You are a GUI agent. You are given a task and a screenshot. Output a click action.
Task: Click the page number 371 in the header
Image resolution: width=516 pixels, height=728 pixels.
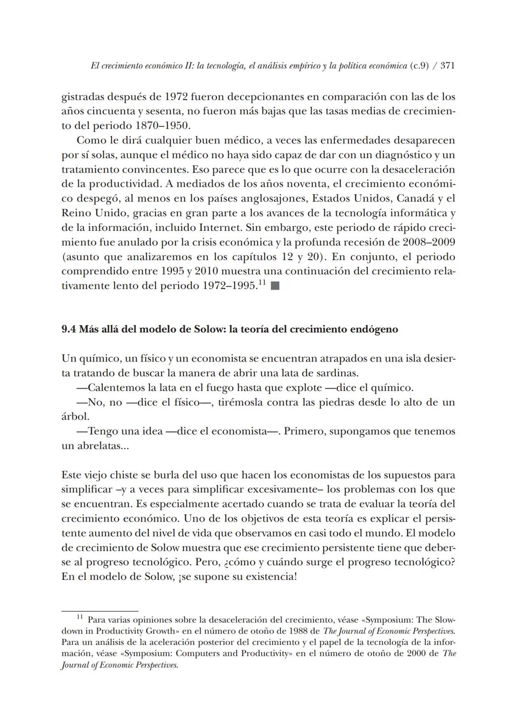click(x=447, y=66)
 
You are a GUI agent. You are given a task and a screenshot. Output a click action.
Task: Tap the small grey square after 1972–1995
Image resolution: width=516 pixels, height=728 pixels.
click(x=275, y=287)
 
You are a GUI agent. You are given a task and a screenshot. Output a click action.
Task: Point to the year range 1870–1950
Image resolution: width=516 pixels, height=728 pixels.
click(x=163, y=126)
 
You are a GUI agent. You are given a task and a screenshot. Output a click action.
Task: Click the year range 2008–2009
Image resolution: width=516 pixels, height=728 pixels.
click(x=429, y=242)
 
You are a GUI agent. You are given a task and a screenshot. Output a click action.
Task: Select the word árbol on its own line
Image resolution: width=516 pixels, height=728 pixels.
click(x=75, y=417)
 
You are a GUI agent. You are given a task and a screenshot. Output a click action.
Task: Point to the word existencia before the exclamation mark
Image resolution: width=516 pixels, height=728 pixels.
click(x=268, y=576)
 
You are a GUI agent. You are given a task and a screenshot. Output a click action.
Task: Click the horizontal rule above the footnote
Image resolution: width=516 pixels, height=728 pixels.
click(x=99, y=610)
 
